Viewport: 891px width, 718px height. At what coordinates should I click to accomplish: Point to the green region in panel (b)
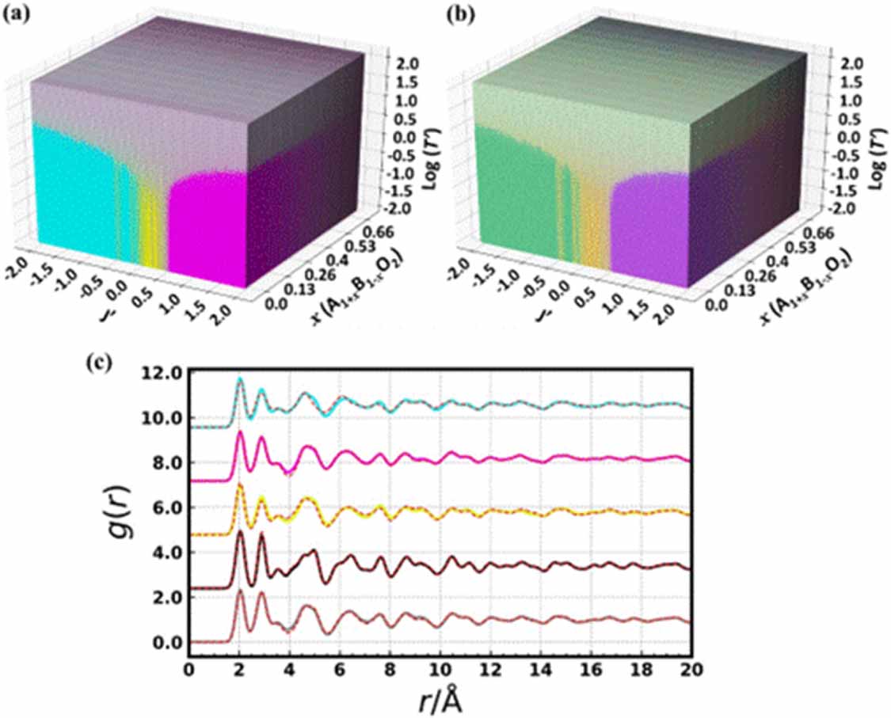[511, 198]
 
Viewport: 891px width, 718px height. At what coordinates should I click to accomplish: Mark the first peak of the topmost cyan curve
[239, 380]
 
